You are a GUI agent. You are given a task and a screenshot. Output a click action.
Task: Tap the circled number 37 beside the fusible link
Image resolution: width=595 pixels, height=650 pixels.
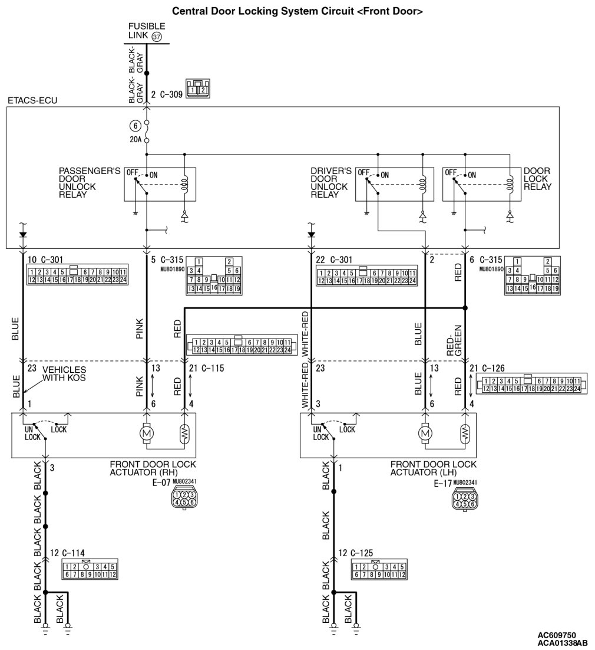click(x=157, y=37)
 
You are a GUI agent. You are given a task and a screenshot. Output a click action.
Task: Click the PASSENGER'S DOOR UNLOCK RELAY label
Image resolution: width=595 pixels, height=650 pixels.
click(x=90, y=183)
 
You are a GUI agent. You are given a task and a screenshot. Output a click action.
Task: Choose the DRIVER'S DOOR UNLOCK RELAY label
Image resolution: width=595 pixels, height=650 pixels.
click(x=331, y=183)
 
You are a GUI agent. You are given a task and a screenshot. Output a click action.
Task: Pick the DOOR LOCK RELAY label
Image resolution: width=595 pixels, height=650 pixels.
click(x=537, y=179)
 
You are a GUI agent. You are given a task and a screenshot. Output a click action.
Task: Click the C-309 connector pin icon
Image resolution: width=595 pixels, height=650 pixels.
click(x=198, y=88)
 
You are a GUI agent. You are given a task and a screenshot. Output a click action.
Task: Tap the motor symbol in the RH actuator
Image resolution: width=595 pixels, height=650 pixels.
click(x=146, y=434)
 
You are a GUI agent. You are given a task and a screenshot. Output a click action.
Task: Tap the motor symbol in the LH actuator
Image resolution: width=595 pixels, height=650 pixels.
click(x=425, y=434)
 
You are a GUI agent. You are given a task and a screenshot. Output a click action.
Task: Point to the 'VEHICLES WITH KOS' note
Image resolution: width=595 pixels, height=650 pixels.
click(x=62, y=373)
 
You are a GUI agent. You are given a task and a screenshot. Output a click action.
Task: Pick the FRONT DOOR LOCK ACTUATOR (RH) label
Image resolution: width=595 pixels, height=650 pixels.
click(x=153, y=468)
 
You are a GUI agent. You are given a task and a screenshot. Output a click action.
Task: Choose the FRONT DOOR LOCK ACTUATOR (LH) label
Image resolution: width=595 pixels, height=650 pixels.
click(x=433, y=468)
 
